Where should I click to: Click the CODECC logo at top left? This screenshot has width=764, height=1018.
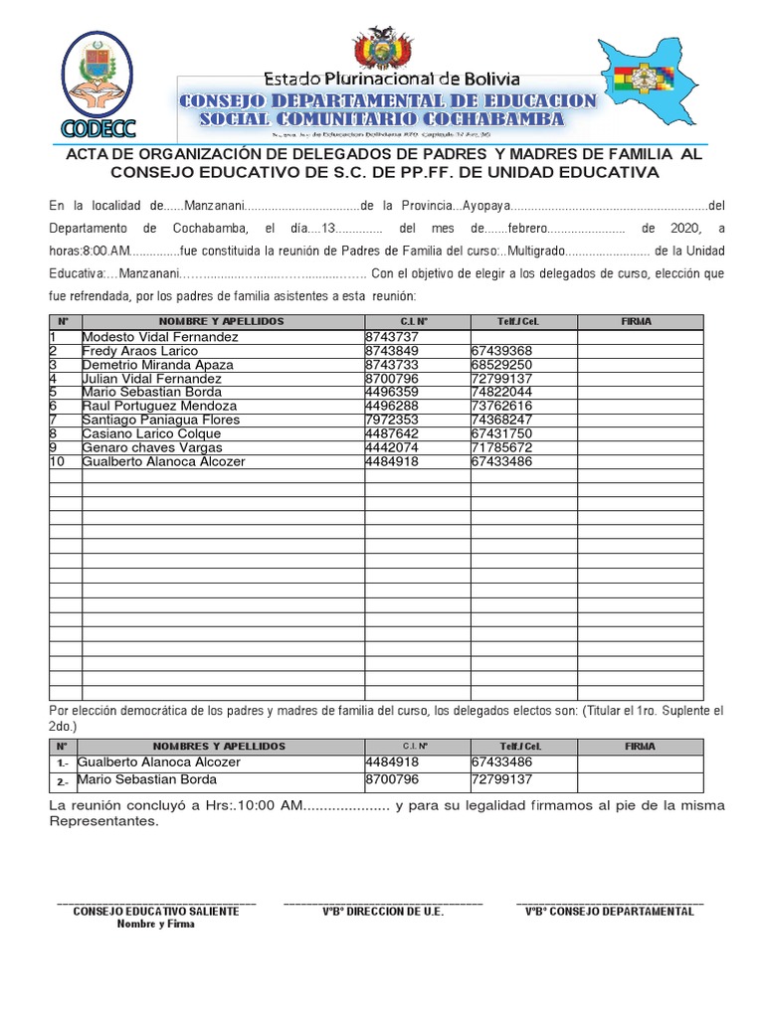(x=98, y=85)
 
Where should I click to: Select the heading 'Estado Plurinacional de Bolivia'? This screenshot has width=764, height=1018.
(x=391, y=78)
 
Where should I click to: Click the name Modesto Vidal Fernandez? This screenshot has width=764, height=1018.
(x=160, y=337)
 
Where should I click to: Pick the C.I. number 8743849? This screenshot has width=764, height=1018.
(x=392, y=351)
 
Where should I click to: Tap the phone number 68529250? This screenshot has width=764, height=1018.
(x=502, y=365)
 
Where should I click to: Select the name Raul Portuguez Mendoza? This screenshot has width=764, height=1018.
(x=159, y=407)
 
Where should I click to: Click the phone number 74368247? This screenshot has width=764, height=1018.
(x=502, y=421)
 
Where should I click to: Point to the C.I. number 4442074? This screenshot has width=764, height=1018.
(x=392, y=448)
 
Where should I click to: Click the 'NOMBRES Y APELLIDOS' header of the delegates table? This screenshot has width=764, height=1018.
(x=220, y=746)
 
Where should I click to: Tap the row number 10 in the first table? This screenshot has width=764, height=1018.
(x=58, y=462)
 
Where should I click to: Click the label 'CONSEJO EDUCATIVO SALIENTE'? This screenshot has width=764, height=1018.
(x=156, y=911)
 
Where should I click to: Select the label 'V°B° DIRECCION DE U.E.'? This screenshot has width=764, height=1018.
(x=383, y=911)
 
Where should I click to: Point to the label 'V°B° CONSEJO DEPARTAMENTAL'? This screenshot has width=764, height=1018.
(x=609, y=911)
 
